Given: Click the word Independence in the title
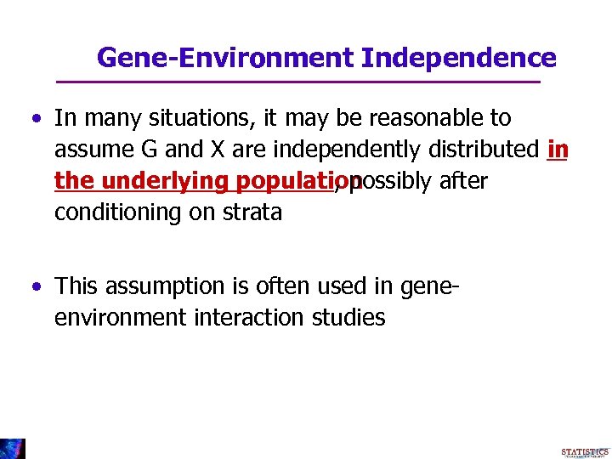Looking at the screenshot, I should click(458, 58).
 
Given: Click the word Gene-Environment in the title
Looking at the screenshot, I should click(226, 58).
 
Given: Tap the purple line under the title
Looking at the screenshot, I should click(297, 82).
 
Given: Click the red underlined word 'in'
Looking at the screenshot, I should click(558, 150).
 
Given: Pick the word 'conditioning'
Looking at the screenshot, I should click(115, 212).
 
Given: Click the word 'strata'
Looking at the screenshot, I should click(251, 212).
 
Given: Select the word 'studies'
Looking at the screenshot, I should click(349, 318).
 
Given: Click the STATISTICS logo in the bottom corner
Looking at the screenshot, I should click(584, 451).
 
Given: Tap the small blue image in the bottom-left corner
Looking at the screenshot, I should click(13, 448).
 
